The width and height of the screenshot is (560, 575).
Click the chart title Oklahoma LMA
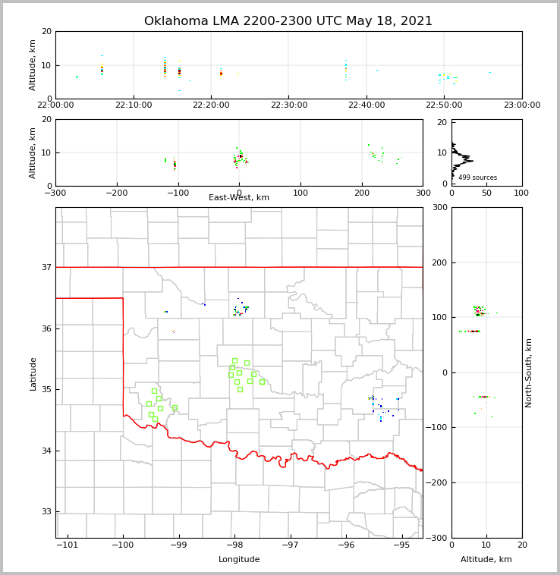coord(288,21)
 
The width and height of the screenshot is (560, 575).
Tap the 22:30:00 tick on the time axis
coord(289,105)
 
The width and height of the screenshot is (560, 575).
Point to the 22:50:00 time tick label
coord(444,105)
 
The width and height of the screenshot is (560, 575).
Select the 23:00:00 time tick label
coord(521,105)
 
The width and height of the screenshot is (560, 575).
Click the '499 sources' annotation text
coord(477,178)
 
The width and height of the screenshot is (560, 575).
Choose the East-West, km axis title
coord(239,198)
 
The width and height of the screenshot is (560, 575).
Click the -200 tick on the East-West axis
coord(116,193)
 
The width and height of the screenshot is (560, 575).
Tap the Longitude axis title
coord(239,560)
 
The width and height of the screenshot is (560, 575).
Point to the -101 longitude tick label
coord(67,545)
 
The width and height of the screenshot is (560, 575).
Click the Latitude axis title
coord(33,373)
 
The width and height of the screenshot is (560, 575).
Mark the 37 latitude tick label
coord(46,267)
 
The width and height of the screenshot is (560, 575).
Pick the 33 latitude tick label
coord(46,511)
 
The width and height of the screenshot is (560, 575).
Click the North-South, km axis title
coord(529,372)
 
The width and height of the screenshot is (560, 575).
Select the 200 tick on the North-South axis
coord(438,262)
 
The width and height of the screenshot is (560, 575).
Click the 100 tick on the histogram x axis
coord(521,193)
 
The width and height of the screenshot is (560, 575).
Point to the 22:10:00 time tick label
coord(134,105)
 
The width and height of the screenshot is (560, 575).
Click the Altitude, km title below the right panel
coord(486,560)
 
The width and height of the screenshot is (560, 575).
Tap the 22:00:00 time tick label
coord(55,105)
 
